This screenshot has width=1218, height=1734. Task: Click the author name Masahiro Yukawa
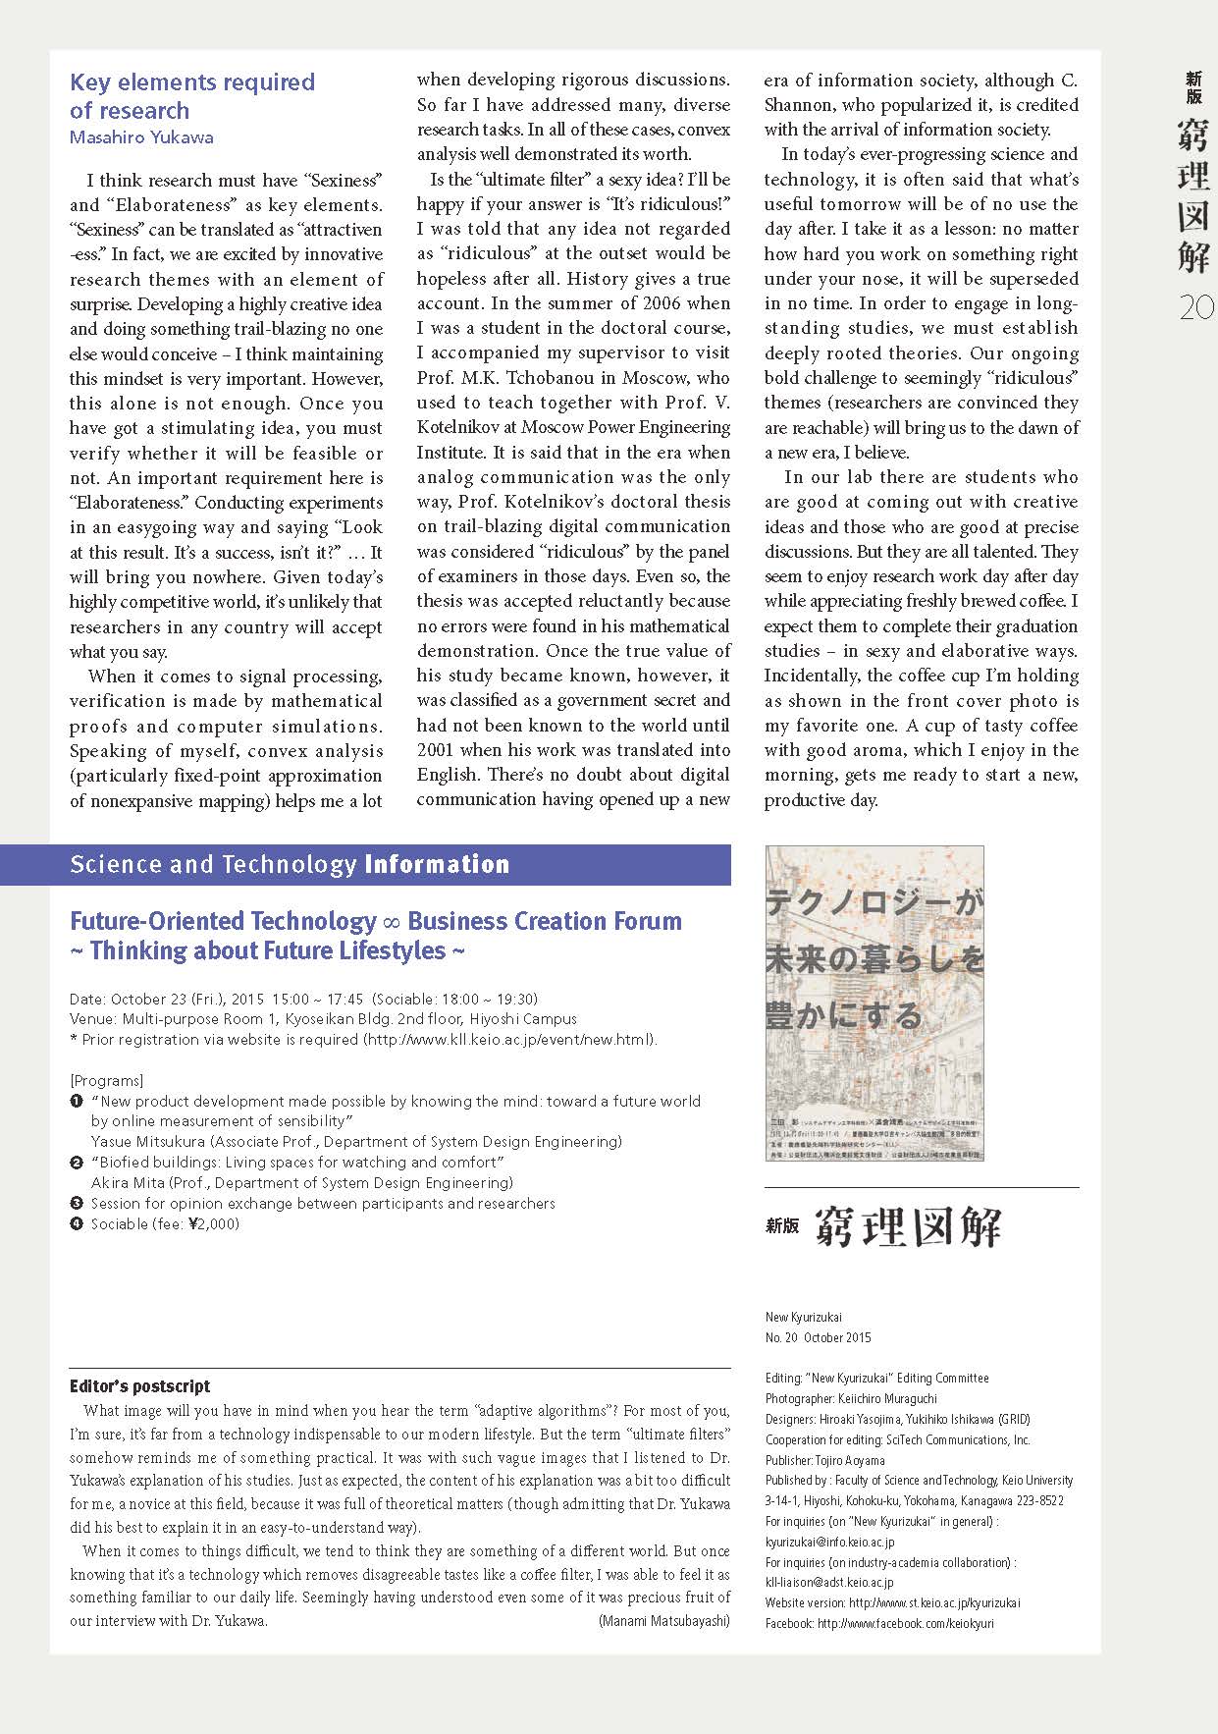pyautogui.click(x=141, y=137)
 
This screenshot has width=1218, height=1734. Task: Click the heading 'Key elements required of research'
pyautogui.click(x=192, y=96)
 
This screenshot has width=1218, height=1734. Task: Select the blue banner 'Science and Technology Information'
pyautogui.click(x=291, y=865)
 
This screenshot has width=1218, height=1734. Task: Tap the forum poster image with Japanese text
pyautogui.click(x=874, y=1002)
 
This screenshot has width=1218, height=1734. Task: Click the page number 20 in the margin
pyautogui.click(x=1196, y=308)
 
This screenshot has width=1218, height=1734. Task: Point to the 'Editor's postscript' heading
pyautogui.click(x=139, y=1386)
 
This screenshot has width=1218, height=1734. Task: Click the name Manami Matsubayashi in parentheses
pyautogui.click(x=663, y=1621)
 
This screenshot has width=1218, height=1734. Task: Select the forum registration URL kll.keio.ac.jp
pyautogui.click(x=508, y=1040)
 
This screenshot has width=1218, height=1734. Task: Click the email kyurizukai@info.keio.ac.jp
pyautogui.click(x=829, y=1542)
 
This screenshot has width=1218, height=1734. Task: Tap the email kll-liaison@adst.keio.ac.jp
pyautogui.click(x=829, y=1582)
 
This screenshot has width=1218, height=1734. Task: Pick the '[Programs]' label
pyautogui.click(x=107, y=1081)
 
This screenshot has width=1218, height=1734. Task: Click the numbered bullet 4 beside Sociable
pyautogui.click(x=77, y=1223)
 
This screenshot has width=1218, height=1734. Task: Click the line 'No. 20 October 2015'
pyautogui.click(x=818, y=1337)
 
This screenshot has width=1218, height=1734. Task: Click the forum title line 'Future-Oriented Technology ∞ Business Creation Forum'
pyautogui.click(x=376, y=921)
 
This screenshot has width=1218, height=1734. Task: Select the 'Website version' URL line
pyautogui.click(x=892, y=1602)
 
